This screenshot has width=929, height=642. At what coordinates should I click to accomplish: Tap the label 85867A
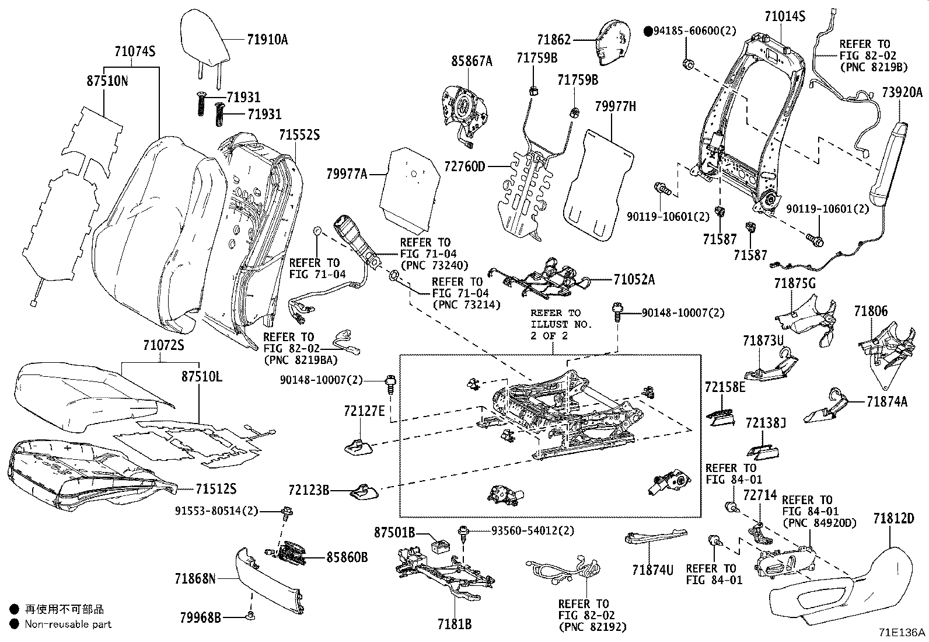click(472, 60)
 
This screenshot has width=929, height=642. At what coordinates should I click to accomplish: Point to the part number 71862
click(554, 40)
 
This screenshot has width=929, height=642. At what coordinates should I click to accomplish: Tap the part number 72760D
click(464, 166)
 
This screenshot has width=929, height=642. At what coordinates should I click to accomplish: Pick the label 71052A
click(634, 280)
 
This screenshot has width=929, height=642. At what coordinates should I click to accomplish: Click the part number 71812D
click(893, 518)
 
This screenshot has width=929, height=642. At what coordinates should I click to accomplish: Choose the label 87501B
click(394, 533)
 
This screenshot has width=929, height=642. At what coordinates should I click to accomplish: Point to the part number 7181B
click(454, 624)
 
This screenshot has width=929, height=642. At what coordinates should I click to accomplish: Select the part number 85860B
click(347, 557)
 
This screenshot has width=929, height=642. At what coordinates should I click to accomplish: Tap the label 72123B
click(309, 490)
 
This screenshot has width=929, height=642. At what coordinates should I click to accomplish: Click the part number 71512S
click(216, 488)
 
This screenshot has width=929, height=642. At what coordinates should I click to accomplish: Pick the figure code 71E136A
click(902, 633)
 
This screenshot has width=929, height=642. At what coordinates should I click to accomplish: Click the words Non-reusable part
click(68, 624)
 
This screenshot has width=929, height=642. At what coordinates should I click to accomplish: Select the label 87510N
click(107, 81)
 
